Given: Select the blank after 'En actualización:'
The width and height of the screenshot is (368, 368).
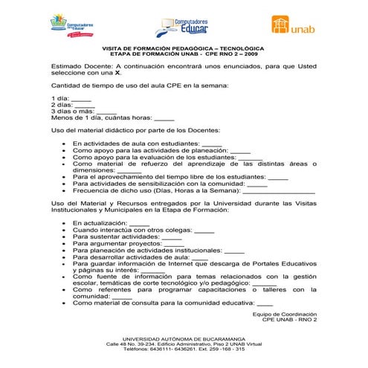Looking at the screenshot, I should coord(139,223).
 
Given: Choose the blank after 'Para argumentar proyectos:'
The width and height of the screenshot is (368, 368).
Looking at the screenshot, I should coord(174,243).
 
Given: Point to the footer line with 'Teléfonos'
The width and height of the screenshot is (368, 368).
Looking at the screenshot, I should coord(184,350).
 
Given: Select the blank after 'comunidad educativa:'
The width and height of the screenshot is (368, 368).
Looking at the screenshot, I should coord(265,303).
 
